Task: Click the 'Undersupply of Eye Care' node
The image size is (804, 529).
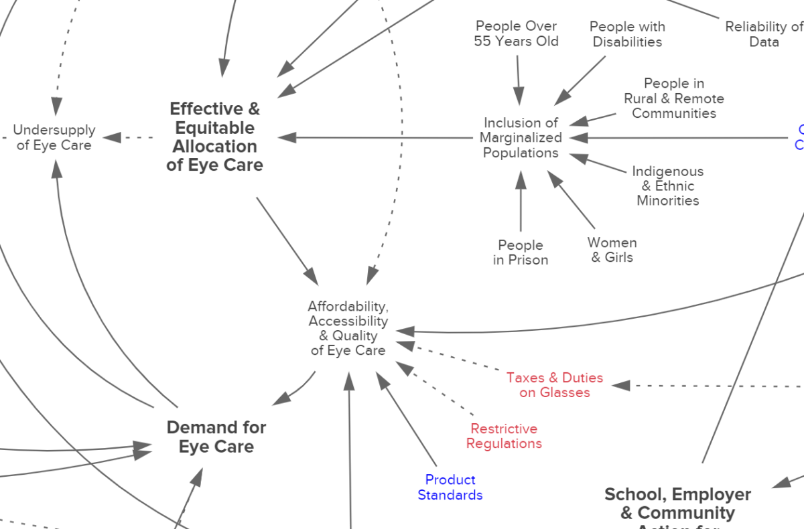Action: [x=54, y=137]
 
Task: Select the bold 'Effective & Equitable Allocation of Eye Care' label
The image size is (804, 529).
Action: [x=214, y=137]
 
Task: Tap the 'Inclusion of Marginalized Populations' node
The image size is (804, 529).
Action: [x=521, y=138]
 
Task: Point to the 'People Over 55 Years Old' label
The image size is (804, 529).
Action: [x=517, y=33]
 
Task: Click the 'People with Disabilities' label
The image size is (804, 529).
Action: [x=627, y=34]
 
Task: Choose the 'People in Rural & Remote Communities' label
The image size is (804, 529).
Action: [x=674, y=98]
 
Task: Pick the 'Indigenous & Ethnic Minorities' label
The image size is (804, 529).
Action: [x=668, y=186]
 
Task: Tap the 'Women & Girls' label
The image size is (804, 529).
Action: [x=612, y=250]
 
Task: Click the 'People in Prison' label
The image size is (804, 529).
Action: [x=521, y=252]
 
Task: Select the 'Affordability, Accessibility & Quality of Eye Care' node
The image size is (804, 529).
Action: [x=348, y=328]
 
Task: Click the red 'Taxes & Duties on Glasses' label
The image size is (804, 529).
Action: [x=555, y=385]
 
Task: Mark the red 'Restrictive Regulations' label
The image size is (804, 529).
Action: [x=504, y=436]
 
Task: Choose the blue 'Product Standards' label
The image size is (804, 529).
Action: [x=450, y=487]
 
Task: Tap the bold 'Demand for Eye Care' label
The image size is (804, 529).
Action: [x=216, y=437]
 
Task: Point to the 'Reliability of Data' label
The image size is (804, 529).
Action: [x=764, y=34]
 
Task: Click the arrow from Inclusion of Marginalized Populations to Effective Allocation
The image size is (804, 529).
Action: [x=375, y=138]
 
